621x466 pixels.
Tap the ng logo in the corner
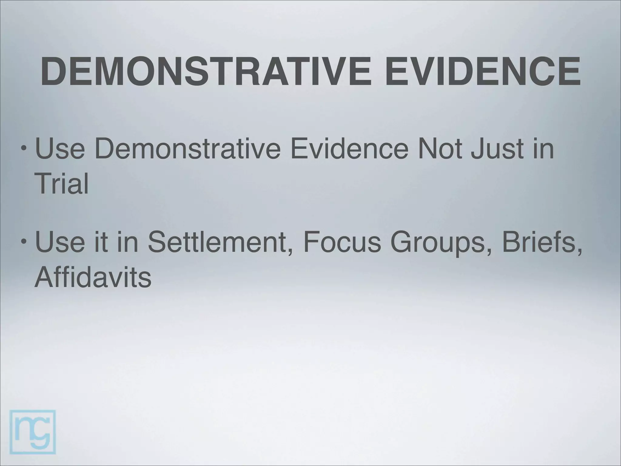click(33, 432)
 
